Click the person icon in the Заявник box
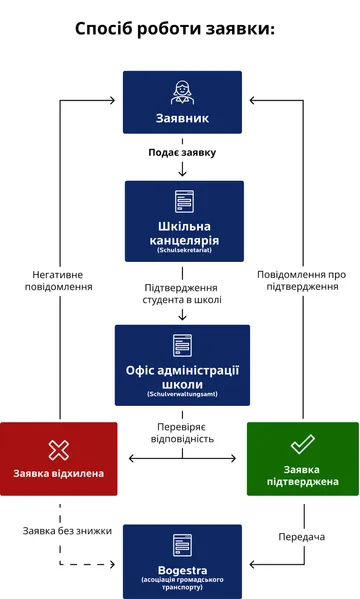click(x=182, y=92)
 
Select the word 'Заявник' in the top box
click(x=182, y=118)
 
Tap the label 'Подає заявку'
click(x=182, y=153)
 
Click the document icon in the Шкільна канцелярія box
click(x=183, y=201)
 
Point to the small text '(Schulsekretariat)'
click(x=184, y=251)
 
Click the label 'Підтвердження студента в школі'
click(x=182, y=292)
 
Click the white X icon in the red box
click(x=59, y=449)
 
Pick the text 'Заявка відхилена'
click(x=59, y=473)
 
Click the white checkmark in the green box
click(x=302, y=444)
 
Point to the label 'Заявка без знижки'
click(x=62, y=530)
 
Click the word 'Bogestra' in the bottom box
click(x=182, y=568)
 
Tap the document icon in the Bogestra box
click(x=182, y=544)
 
